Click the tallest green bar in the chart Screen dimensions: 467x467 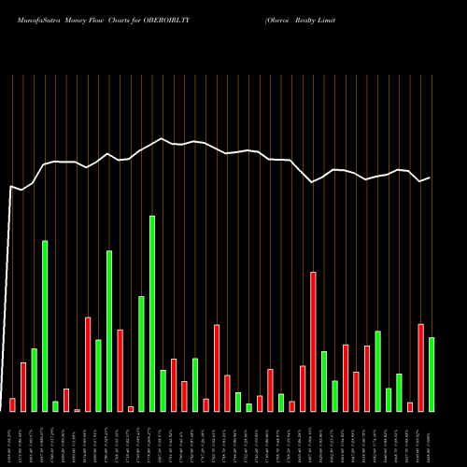point(152,313)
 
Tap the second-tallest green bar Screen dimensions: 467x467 point(45,326)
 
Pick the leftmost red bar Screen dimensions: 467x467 point(12,404)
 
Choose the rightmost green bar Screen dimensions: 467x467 point(432,374)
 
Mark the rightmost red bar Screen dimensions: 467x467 point(420,367)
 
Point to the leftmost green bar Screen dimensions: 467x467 point(34,379)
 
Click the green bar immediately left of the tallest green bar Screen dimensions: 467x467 point(141,353)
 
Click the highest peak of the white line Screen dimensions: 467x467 point(163,139)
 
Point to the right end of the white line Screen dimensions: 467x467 point(430,177)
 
